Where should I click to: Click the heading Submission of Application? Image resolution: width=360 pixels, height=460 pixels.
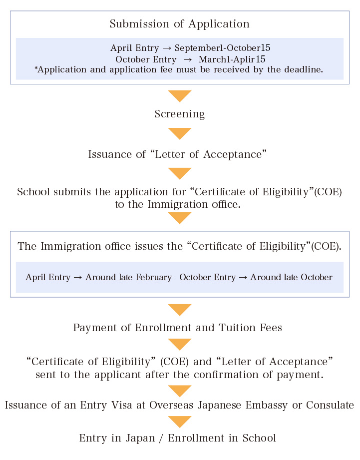[180, 24]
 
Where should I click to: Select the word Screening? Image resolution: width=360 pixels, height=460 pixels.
[180, 114]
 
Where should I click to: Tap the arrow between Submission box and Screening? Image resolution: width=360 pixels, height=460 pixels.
[180, 95]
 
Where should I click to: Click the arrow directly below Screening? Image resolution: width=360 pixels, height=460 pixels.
[180, 133]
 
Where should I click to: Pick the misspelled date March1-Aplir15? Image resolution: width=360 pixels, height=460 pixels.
[232, 59]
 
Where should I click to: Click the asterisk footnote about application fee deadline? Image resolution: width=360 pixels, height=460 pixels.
[179, 70]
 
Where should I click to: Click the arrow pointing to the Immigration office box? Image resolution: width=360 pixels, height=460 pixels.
[180, 217]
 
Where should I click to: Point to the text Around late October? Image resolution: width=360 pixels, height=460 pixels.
[292, 277]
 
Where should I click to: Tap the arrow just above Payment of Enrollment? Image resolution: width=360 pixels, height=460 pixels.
[180, 310]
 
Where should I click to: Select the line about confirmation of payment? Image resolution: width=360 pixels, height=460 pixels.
[180, 374]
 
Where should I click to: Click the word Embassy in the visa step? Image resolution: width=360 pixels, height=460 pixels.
[265, 405]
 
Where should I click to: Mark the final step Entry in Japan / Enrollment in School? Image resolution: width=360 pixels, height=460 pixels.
[178, 438]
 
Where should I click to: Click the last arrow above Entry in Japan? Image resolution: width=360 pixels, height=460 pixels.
[180, 422]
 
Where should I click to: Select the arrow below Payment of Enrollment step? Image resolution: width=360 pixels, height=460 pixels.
[180, 344]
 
